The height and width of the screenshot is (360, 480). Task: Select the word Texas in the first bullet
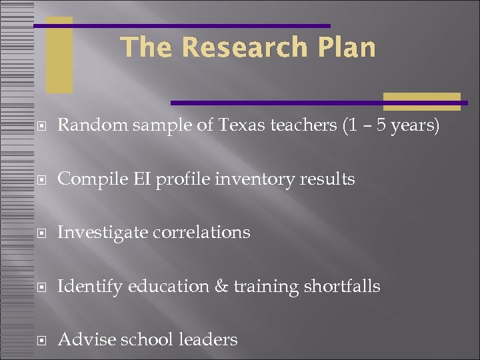coord(239,125)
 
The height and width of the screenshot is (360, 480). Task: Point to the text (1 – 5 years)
coord(390,125)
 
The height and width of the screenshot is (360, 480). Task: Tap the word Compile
coord(87,179)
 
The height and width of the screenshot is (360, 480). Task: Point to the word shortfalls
coord(342,286)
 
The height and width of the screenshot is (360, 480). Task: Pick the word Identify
coord(90,287)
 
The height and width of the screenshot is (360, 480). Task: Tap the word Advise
coord(82,339)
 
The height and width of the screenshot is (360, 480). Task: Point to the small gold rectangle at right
coord(421,101)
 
